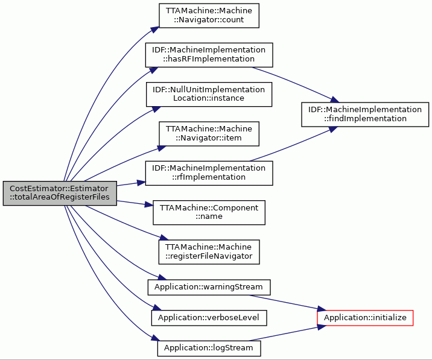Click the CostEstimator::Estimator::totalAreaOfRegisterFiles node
(x=60, y=193)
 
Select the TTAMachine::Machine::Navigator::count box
(x=209, y=16)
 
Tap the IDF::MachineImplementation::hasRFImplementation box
(x=209, y=55)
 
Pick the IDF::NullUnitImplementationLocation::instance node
(x=209, y=94)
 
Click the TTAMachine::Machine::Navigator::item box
(x=209, y=134)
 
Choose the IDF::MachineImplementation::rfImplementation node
(x=209, y=173)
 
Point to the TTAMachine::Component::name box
(x=209, y=212)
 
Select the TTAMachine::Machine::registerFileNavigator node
(x=209, y=251)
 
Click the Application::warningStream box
(x=209, y=287)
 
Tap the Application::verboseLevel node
(x=209, y=318)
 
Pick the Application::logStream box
(x=209, y=348)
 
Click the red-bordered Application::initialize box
(x=365, y=318)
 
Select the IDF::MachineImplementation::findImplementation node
(x=365, y=115)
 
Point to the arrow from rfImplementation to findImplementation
(x=293, y=144)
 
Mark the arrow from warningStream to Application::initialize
(x=287, y=303)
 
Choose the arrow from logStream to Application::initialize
(x=287, y=333)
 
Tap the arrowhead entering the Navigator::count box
(x=155, y=30)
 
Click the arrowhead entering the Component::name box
(x=149, y=204)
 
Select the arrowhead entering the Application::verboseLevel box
(x=157, y=308)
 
